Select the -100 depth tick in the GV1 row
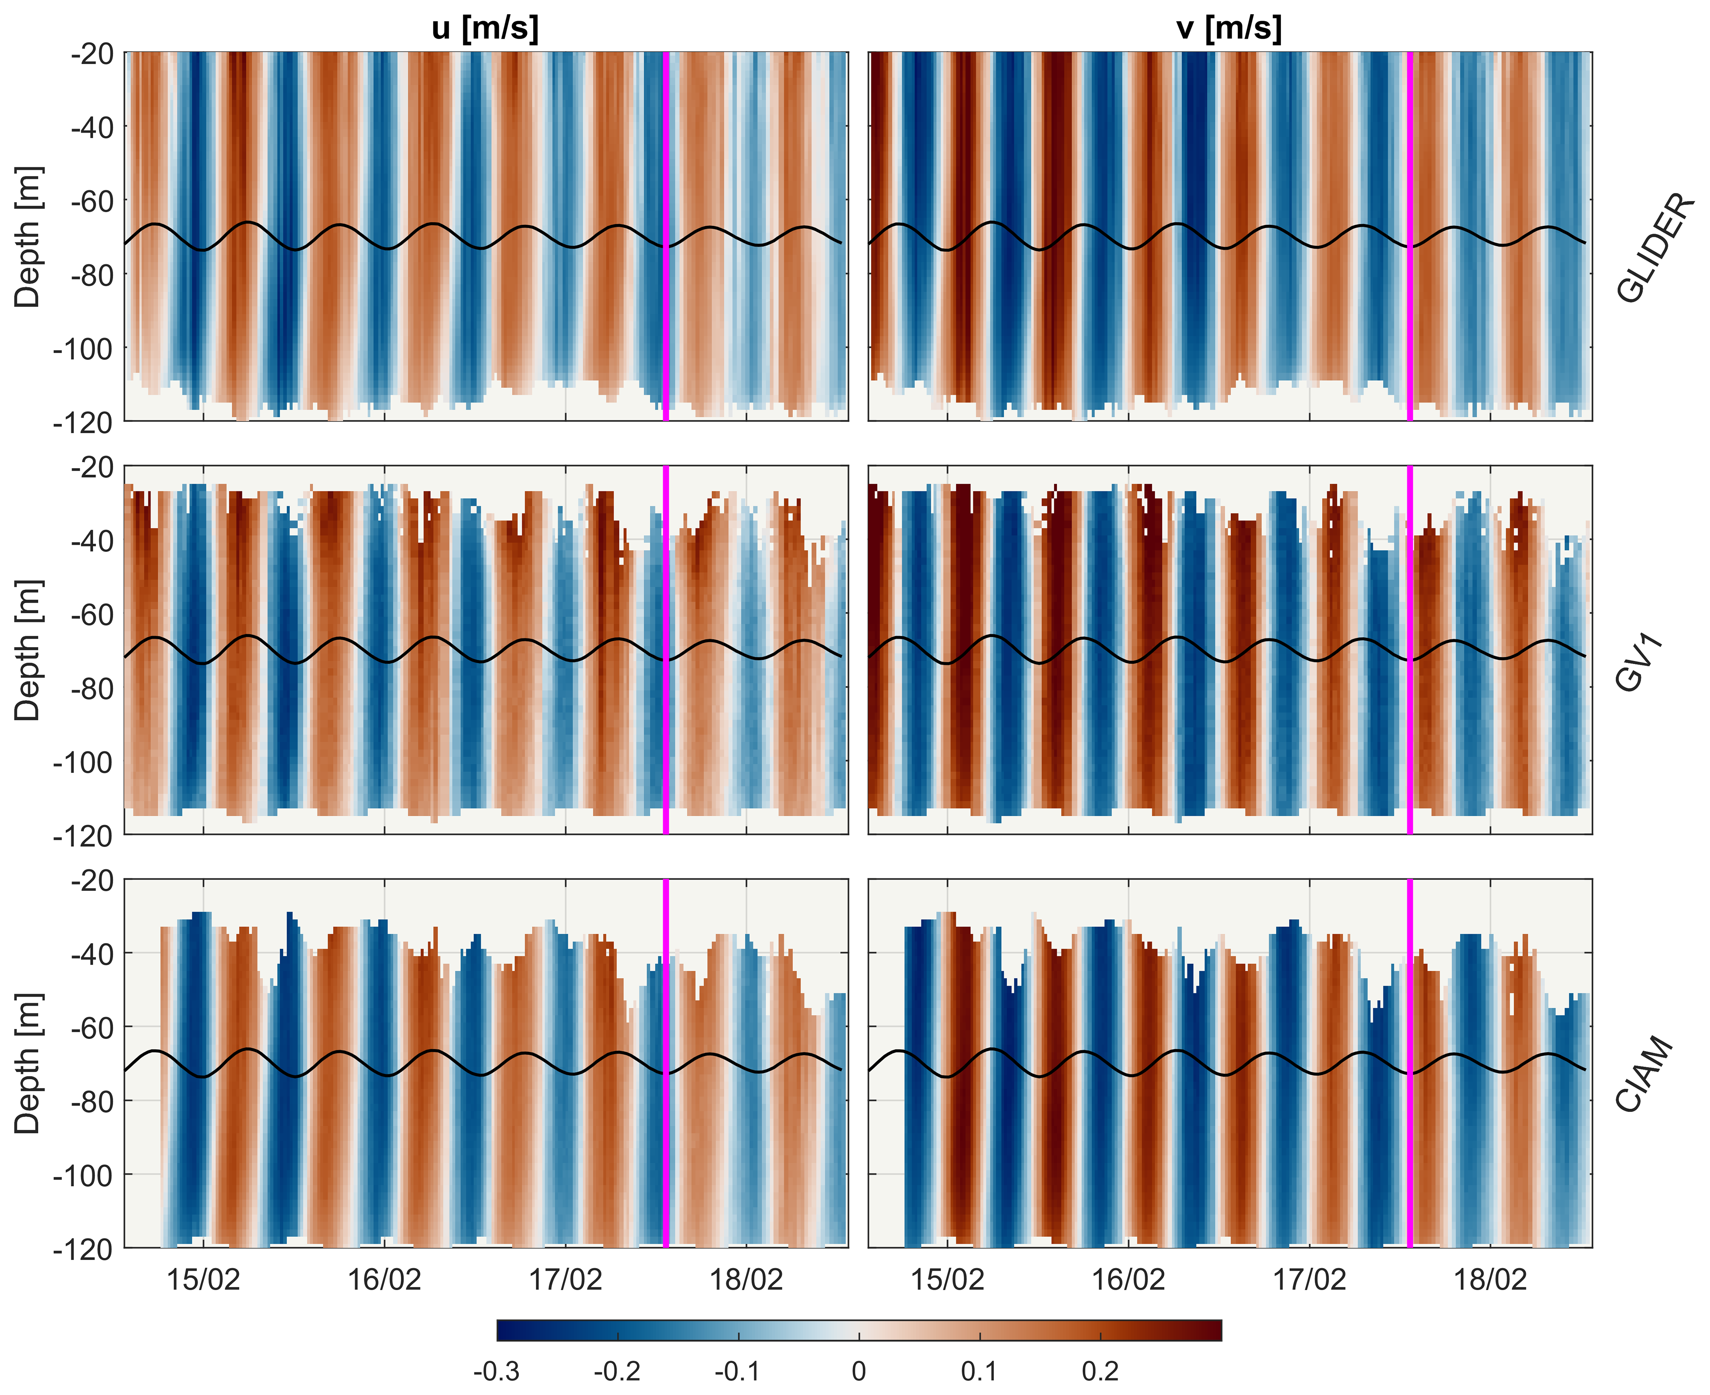(83, 762)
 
